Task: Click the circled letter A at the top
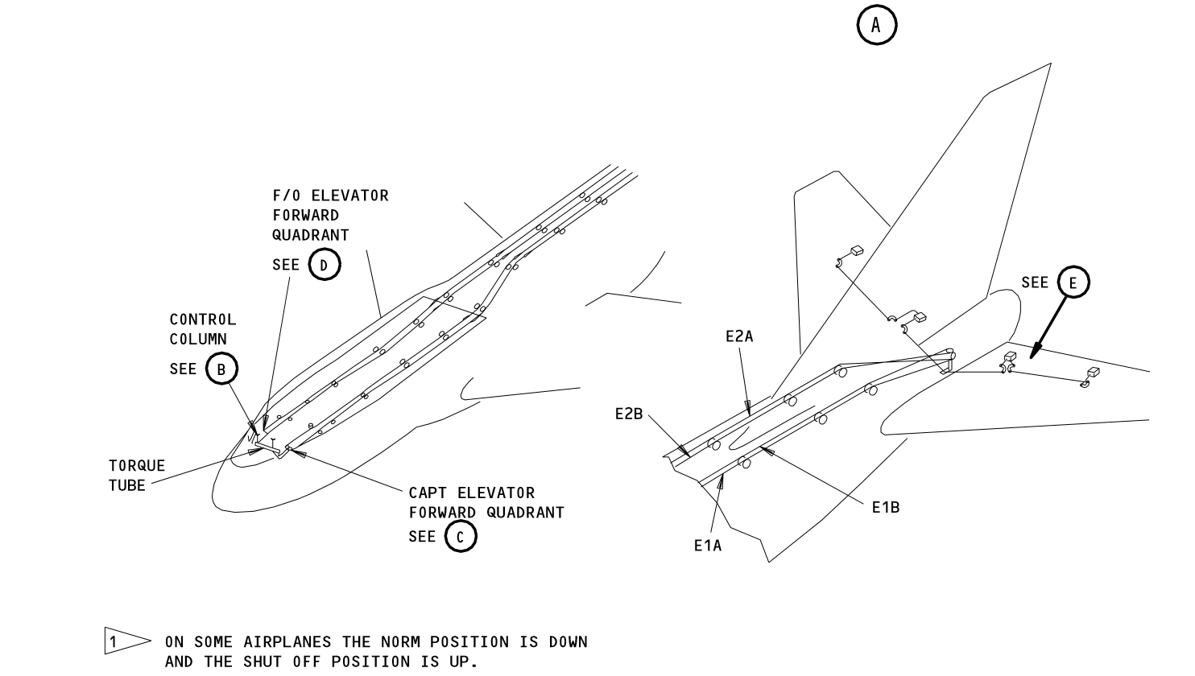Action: pyautogui.click(x=876, y=26)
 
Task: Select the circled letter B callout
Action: pyautogui.click(x=221, y=369)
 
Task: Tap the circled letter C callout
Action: pyautogui.click(x=461, y=537)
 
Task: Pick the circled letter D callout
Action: pyautogui.click(x=325, y=265)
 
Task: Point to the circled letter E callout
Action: pyautogui.click(x=1073, y=282)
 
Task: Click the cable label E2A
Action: pyautogui.click(x=738, y=336)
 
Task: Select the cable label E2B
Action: pyautogui.click(x=628, y=414)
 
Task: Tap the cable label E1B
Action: pyautogui.click(x=885, y=507)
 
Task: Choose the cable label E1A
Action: pyautogui.click(x=708, y=546)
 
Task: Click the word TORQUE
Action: pyautogui.click(x=137, y=466)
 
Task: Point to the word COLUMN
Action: pyautogui.click(x=198, y=340)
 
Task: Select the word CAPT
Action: pyautogui.click(x=428, y=493)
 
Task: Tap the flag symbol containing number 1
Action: pyautogui.click(x=119, y=641)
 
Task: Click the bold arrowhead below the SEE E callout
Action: pyautogui.click(x=1035, y=352)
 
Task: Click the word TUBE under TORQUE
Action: pyautogui.click(x=127, y=485)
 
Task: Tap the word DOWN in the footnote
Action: pyautogui.click(x=567, y=642)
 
